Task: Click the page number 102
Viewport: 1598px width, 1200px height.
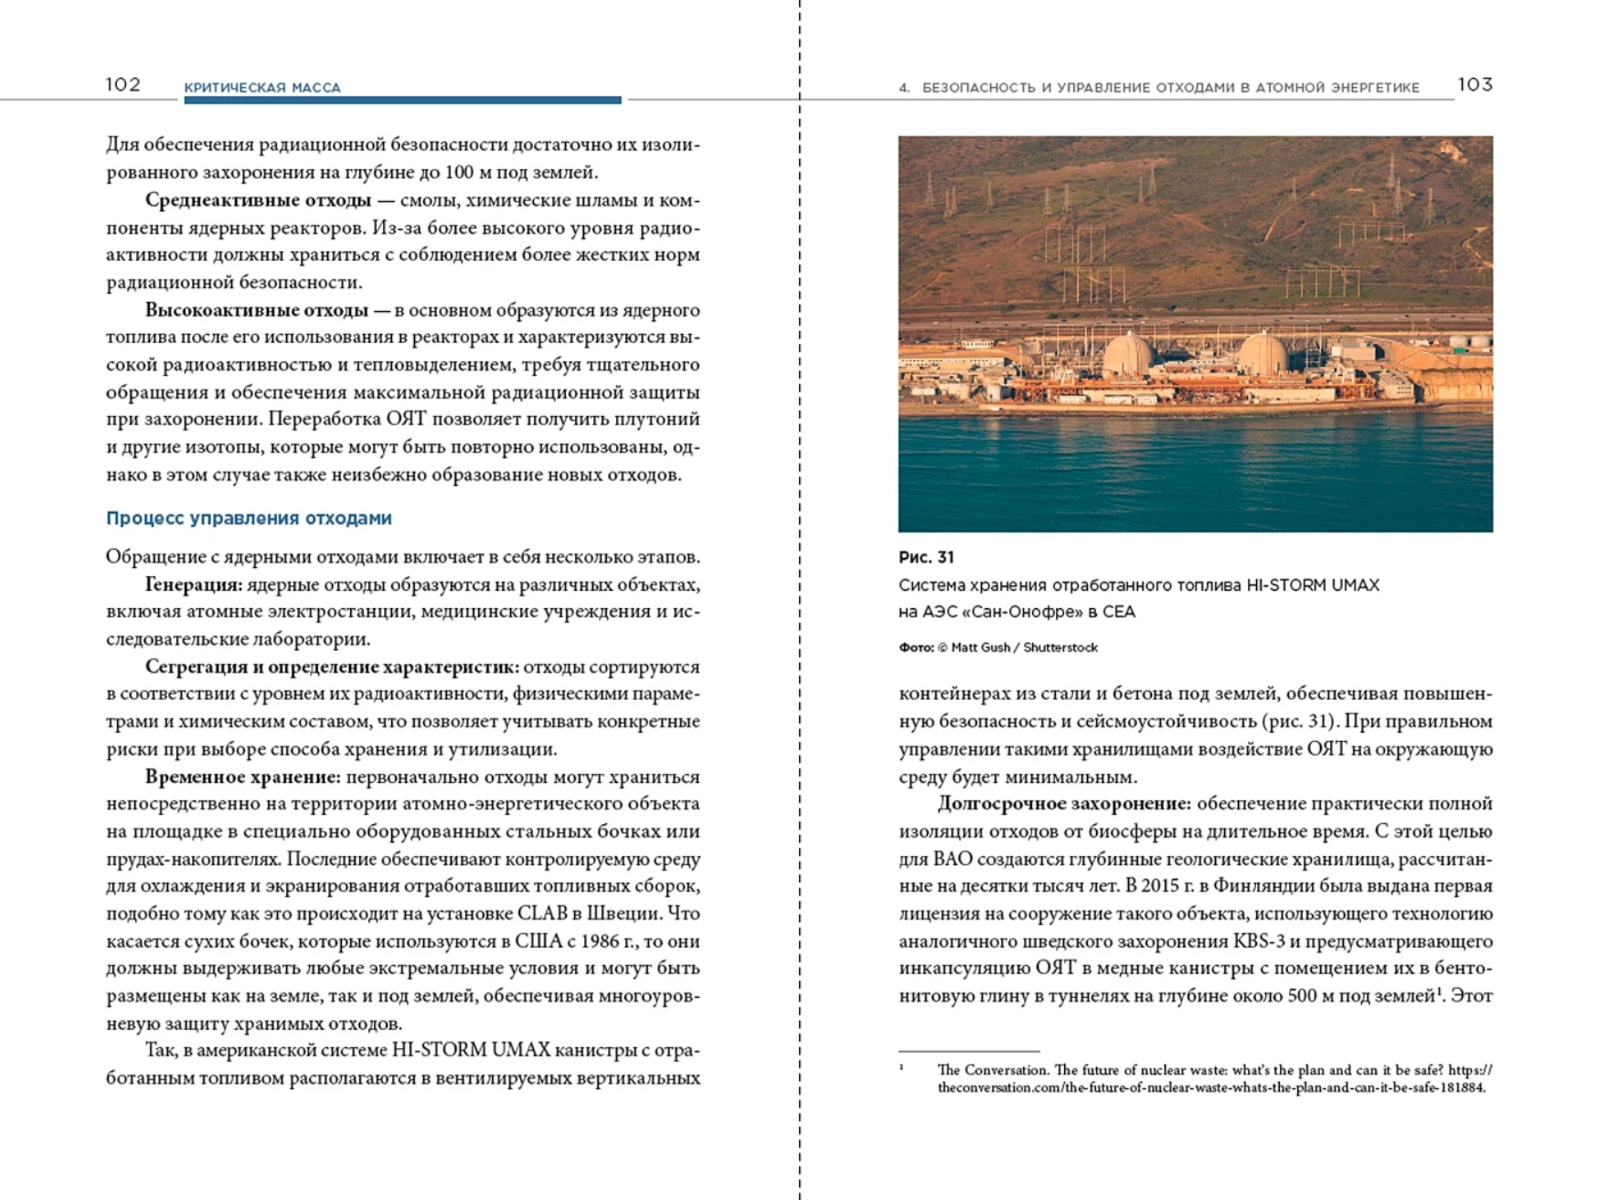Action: click(123, 85)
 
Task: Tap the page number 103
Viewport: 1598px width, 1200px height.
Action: click(1475, 85)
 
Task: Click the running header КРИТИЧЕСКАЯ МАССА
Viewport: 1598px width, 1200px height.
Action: click(262, 88)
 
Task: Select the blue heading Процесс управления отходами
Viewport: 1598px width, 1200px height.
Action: click(249, 519)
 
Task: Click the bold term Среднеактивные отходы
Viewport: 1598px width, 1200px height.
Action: click(258, 200)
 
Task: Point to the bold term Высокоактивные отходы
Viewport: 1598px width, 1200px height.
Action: click(256, 310)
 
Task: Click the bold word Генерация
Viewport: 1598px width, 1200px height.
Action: click(193, 584)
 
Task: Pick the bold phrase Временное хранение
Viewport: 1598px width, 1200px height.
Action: click(242, 777)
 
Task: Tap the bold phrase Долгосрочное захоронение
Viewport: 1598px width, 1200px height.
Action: click(1063, 804)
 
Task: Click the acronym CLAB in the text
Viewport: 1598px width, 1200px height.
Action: click(549, 914)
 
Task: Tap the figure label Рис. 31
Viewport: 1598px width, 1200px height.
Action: click(926, 557)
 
